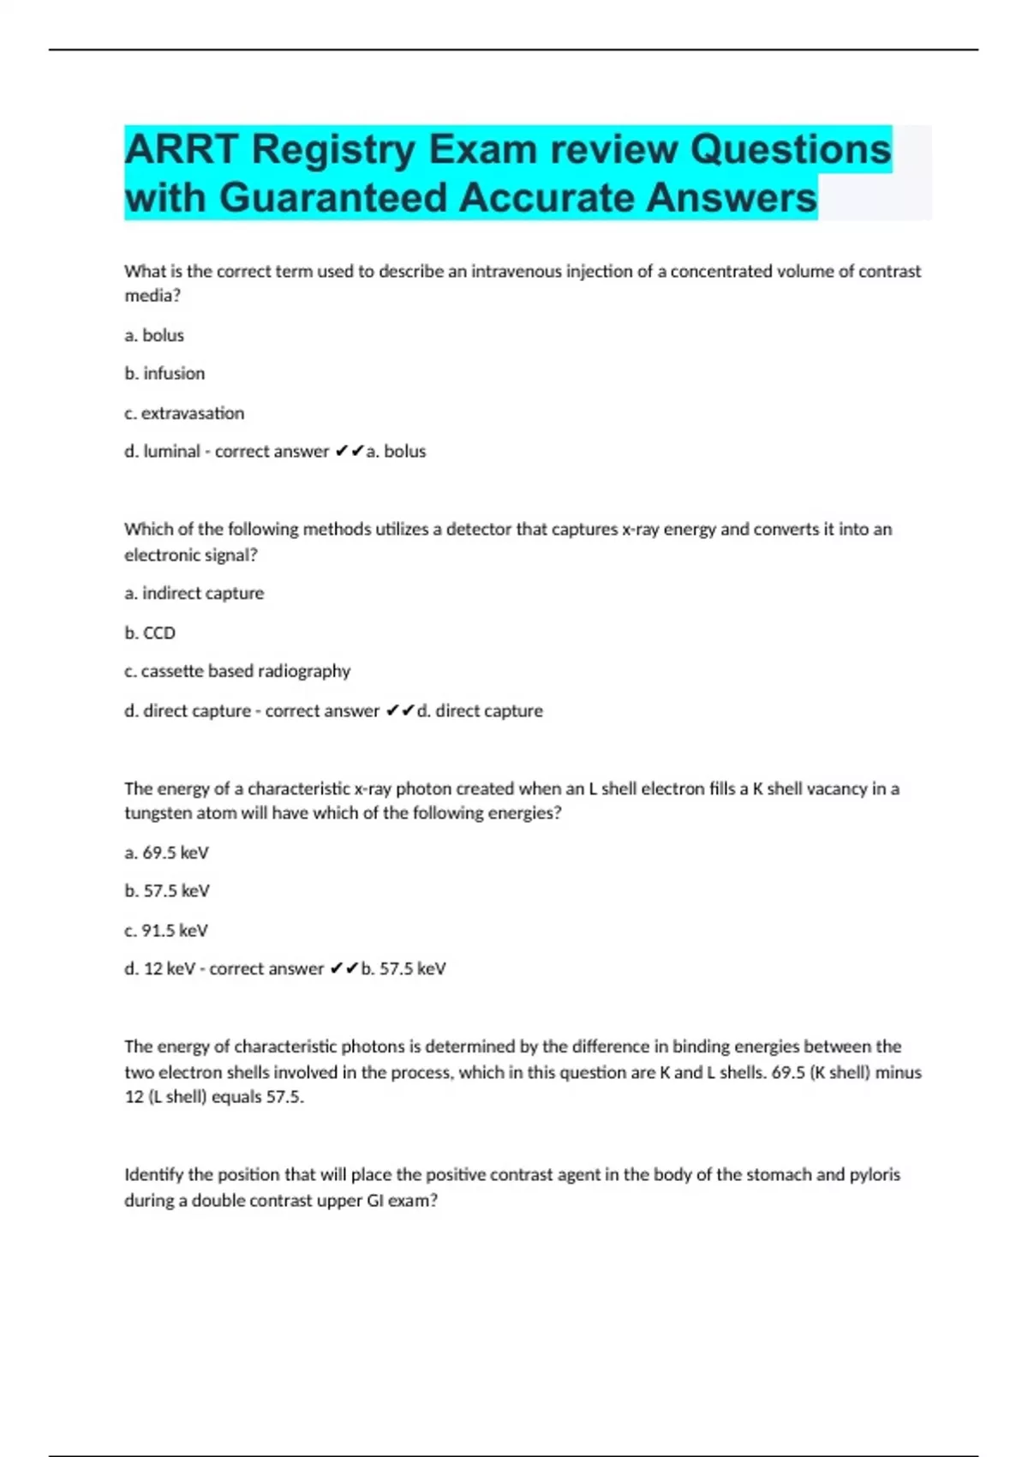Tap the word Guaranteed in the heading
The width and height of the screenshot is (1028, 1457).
(338, 198)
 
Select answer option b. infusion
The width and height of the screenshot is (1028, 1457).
(164, 374)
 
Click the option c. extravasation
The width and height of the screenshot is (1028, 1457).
(184, 413)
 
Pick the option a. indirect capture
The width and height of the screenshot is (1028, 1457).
(194, 593)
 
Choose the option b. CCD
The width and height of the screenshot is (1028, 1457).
(150, 633)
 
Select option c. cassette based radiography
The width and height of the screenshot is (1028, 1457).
(237, 671)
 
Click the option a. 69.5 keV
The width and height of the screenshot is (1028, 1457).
(167, 853)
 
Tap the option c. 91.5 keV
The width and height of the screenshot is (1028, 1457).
(166, 930)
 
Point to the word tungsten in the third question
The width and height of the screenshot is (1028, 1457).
(158, 813)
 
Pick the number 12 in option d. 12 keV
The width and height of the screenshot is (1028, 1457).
(152, 968)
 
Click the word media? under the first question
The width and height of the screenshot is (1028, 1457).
(152, 296)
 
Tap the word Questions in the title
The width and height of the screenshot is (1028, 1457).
(791, 150)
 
